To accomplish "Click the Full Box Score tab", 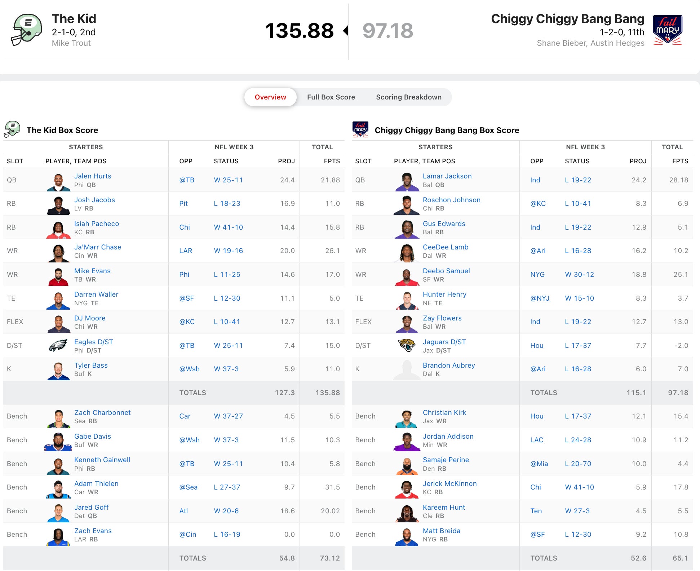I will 331,97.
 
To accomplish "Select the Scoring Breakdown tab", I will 408,97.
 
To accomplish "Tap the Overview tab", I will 270,97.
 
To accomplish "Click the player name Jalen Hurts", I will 93,176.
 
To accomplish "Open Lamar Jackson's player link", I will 447,176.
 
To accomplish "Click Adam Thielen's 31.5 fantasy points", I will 332,487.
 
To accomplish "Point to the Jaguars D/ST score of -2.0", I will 681,345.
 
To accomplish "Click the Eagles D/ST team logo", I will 58,345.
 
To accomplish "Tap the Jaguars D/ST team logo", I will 407,345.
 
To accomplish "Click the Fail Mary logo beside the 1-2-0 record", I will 668,30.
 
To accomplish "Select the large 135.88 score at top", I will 299,31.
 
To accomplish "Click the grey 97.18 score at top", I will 387,31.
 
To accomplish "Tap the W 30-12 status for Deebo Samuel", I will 579,274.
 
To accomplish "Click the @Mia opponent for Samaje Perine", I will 539,464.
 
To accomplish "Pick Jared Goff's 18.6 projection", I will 287,511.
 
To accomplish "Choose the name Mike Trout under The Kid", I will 71,43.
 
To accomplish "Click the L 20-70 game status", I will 578,464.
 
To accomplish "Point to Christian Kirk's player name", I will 444,412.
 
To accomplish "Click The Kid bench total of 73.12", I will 329,558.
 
